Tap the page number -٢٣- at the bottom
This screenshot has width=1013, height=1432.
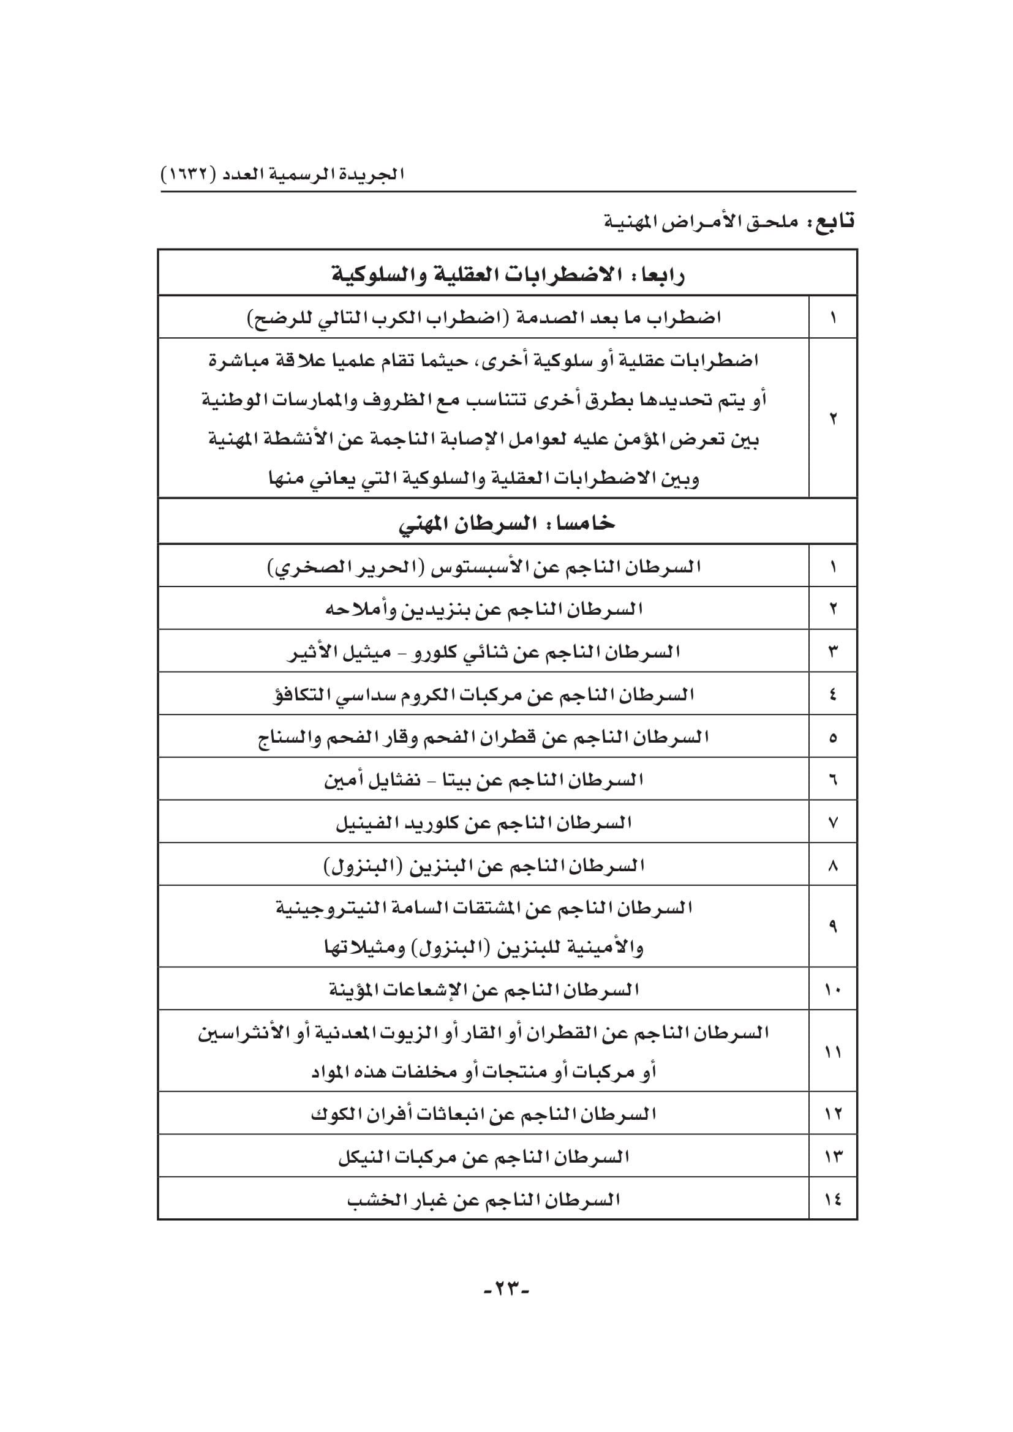506,1288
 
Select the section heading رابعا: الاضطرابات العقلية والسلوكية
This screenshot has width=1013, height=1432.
507,274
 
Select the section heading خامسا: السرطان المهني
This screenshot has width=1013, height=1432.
507,523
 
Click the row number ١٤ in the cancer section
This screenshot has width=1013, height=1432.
833,1199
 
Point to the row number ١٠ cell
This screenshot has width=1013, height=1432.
833,990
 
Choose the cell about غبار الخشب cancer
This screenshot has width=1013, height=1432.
483,1199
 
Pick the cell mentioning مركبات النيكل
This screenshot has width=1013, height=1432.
483,1157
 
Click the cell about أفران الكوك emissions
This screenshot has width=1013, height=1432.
483,1114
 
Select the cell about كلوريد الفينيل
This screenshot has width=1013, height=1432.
483,823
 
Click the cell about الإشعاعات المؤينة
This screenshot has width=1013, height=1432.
483,990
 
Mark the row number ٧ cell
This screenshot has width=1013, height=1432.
833,823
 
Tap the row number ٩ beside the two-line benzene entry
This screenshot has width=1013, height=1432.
833,926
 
